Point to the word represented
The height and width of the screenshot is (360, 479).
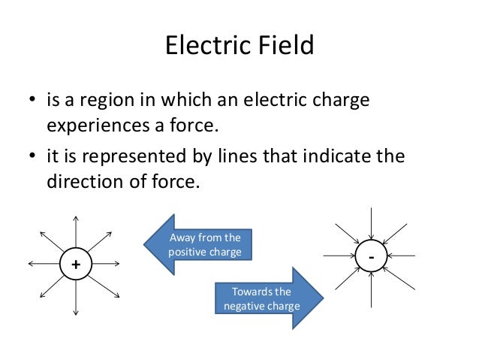click(137, 159)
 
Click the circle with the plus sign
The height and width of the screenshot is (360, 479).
click(74, 265)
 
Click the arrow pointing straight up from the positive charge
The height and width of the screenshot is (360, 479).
click(74, 230)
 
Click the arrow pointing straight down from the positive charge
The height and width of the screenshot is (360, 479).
click(74, 298)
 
